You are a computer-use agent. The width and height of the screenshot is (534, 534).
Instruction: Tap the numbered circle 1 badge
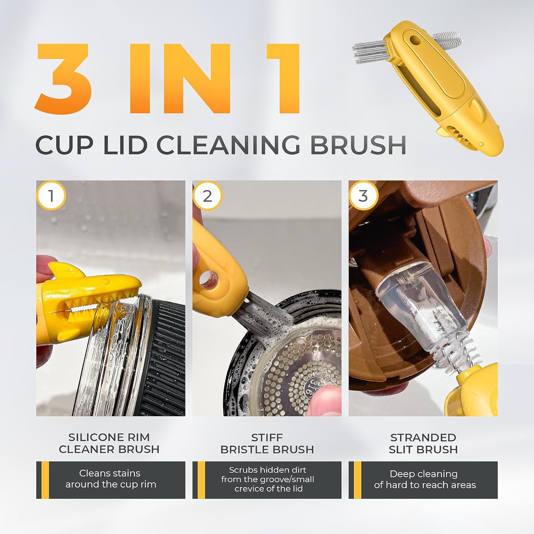click(51, 195)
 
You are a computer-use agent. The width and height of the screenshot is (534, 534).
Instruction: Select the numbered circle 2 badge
click(207, 195)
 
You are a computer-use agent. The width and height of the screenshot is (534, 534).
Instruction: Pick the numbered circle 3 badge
click(363, 195)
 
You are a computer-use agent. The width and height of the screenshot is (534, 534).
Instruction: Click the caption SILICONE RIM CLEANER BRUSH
click(109, 443)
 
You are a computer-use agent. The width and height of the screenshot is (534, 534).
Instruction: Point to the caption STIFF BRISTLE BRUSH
click(267, 443)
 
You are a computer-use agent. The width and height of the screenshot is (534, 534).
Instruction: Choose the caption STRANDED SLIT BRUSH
click(423, 443)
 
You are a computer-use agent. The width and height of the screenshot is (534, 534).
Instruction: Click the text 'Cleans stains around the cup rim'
click(110, 479)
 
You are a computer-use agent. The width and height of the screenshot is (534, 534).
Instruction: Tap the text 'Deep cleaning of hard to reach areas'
click(425, 479)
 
